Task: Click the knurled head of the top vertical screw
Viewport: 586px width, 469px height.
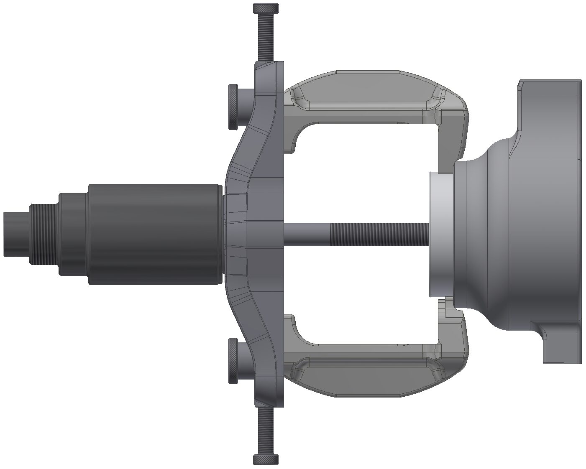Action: click(266, 8)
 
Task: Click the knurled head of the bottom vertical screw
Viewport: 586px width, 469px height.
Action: click(266, 459)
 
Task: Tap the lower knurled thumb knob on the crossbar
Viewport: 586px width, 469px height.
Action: click(233, 361)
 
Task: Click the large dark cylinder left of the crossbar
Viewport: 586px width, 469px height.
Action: click(155, 234)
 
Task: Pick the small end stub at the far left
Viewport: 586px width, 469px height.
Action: click(16, 234)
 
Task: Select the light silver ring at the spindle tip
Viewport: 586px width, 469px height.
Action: click(440, 234)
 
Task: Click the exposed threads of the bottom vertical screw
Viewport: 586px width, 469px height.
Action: click(266, 431)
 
